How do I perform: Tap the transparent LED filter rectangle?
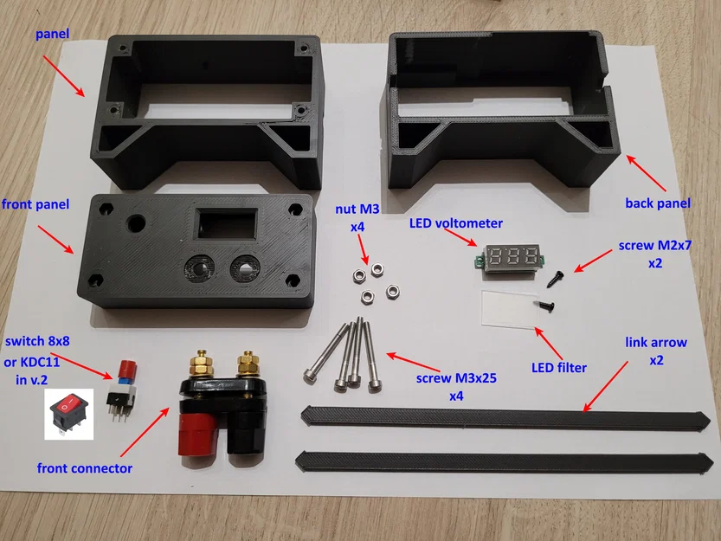[x=509, y=308]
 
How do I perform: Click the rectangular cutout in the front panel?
[x=227, y=224]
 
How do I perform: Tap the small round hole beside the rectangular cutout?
[x=136, y=223]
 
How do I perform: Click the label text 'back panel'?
[x=658, y=203]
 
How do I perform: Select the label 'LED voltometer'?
[x=455, y=223]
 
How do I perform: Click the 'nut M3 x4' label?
[x=357, y=217]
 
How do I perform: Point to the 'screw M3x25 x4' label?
[x=456, y=386]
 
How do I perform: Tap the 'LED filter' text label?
[x=558, y=368]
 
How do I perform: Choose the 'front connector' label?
[x=85, y=468]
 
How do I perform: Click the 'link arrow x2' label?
[x=656, y=351]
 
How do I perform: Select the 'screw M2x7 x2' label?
[x=654, y=254]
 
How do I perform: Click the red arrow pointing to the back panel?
[x=646, y=173]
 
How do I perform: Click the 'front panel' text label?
[x=35, y=204]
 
